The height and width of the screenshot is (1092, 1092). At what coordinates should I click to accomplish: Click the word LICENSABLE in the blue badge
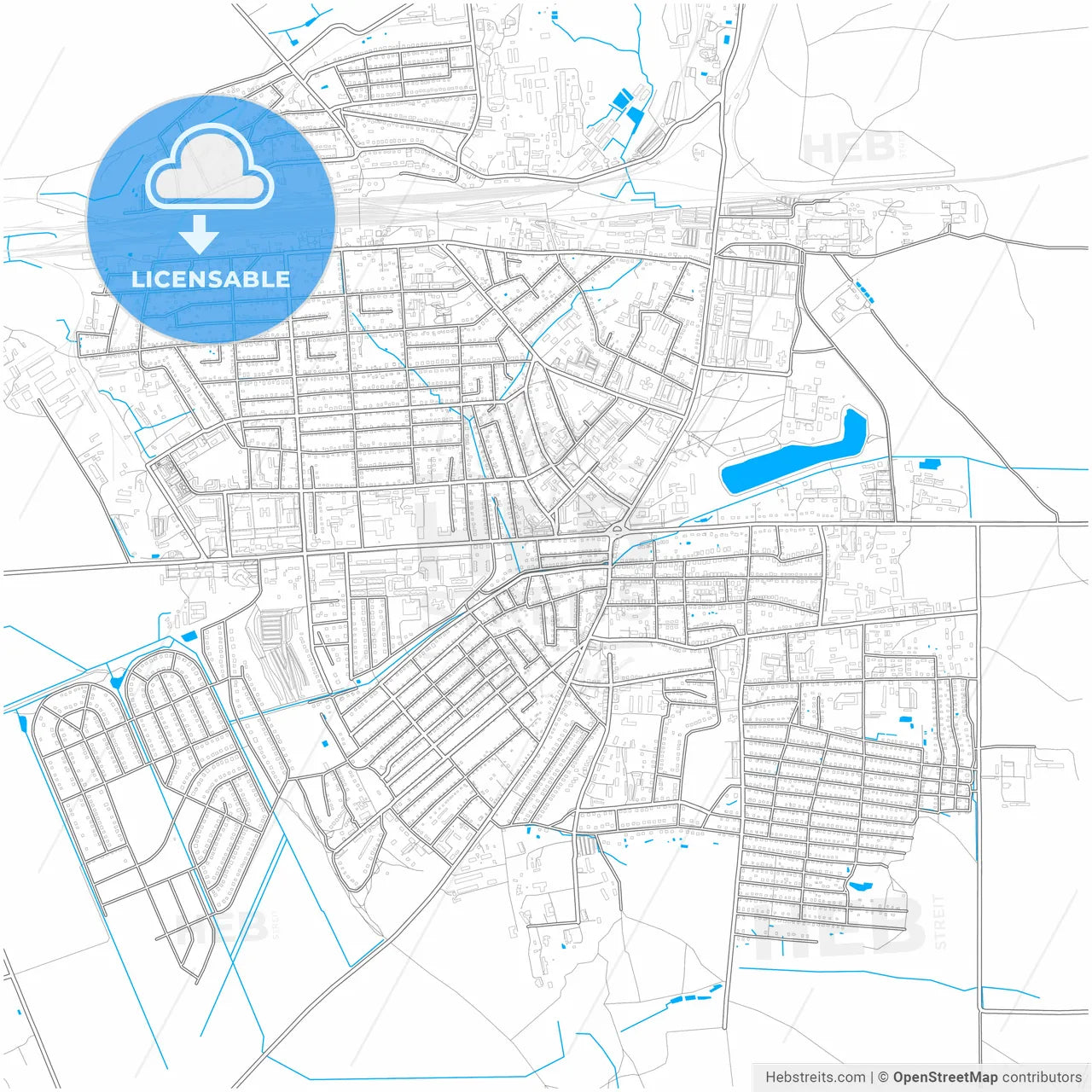point(211,279)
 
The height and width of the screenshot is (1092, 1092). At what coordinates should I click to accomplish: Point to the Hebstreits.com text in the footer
point(815,1077)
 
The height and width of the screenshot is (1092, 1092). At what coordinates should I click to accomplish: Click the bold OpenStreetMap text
point(944,1077)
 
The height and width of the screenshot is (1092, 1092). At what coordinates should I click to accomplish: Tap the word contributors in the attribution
point(1042,1077)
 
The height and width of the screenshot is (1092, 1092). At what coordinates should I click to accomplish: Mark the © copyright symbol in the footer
point(883,1077)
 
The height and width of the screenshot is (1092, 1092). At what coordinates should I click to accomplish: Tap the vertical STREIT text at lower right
point(940,921)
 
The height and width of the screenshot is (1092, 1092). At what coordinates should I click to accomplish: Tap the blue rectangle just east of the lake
point(927,464)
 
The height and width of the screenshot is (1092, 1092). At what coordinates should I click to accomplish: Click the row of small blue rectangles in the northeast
point(865,293)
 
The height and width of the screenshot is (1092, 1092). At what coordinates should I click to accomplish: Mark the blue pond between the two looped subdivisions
point(116,682)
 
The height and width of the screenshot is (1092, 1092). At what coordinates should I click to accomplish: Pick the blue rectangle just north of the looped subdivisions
point(189,636)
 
